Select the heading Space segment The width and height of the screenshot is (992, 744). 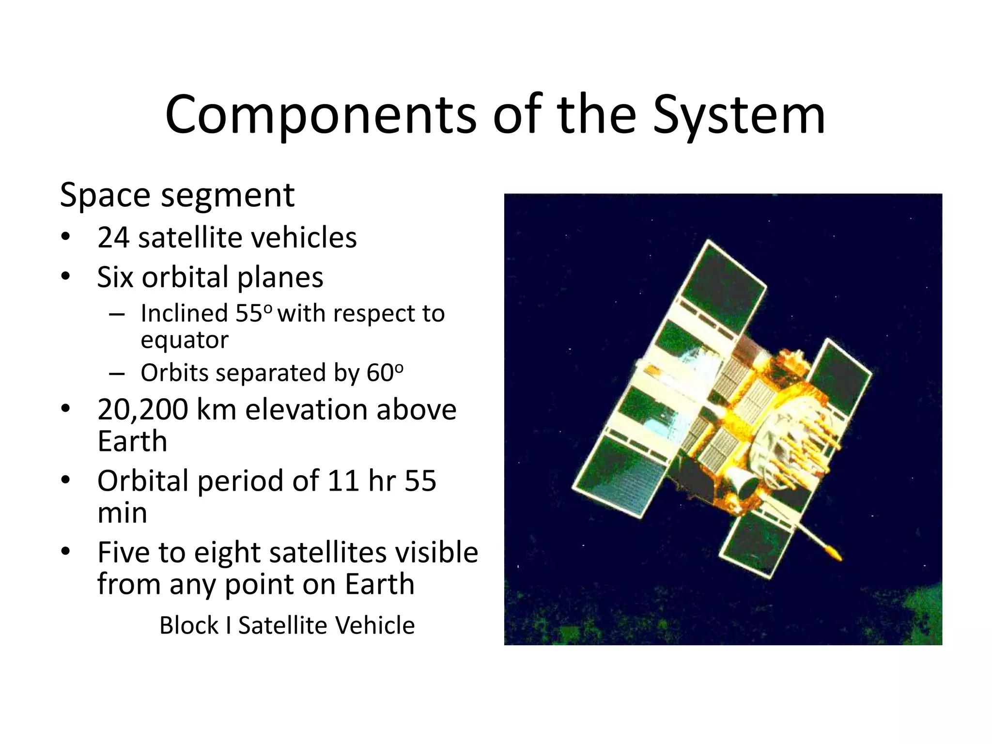[177, 195]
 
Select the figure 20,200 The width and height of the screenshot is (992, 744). [142, 409]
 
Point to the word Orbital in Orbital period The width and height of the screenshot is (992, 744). [142, 481]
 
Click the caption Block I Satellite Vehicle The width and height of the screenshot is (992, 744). [287, 625]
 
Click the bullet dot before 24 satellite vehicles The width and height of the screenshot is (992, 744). [66, 237]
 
